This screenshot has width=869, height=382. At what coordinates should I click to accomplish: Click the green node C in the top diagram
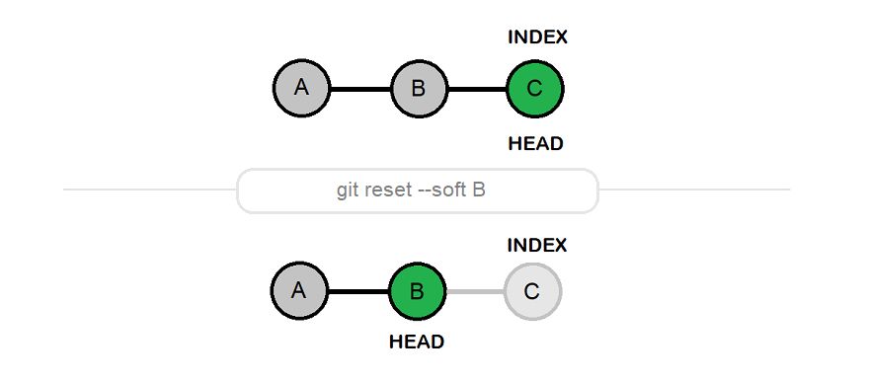click(534, 89)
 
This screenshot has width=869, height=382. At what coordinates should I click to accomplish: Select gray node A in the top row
click(301, 88)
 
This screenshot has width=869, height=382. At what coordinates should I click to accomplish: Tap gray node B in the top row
click(418, 89)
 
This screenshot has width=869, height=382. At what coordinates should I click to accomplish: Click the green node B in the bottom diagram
click(417, 292)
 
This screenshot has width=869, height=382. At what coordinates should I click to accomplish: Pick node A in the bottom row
click(299, 292)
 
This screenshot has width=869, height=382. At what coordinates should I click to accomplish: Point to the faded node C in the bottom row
click(532, 292)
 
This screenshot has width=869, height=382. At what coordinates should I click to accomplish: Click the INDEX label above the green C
click(537, 38)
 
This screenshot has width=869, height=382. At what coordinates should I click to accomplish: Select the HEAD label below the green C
click(535, 143)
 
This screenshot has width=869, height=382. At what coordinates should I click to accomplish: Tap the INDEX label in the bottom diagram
click(537, 244)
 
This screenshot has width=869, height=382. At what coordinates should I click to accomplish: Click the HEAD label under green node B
click(417, 343)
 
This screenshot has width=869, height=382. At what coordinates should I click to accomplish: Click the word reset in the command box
click(388, 191)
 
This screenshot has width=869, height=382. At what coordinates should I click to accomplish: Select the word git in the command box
click(348, 191)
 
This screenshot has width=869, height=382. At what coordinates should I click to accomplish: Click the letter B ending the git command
click(479, 191)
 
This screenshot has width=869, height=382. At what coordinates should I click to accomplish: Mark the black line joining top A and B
click(359, 89)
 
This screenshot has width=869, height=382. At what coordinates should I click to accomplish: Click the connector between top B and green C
click(476, 89)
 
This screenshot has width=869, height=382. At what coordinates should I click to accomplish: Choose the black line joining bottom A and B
click(357, 292)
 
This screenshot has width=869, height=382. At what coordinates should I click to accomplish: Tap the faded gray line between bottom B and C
click(475, 292)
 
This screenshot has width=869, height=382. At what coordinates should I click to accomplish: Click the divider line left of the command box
click(148, 190)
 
